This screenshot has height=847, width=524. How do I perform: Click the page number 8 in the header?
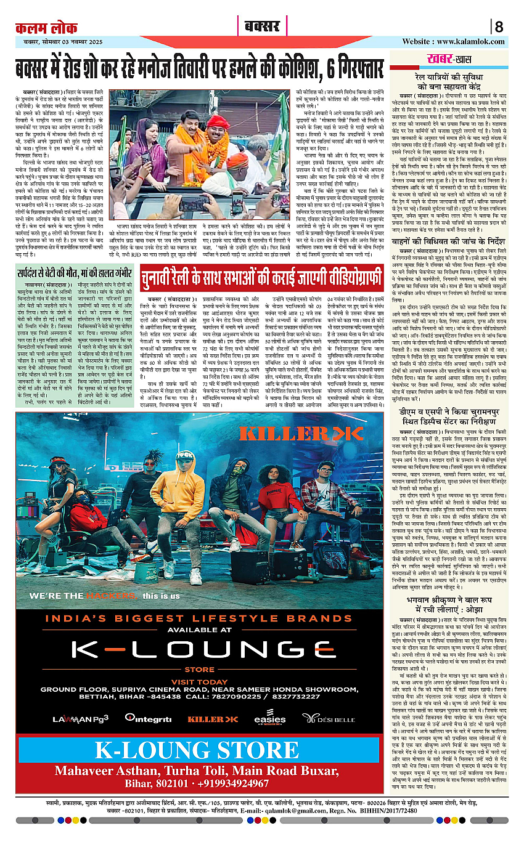point(499,27)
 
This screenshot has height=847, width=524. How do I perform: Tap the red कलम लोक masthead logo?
point(47,28)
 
